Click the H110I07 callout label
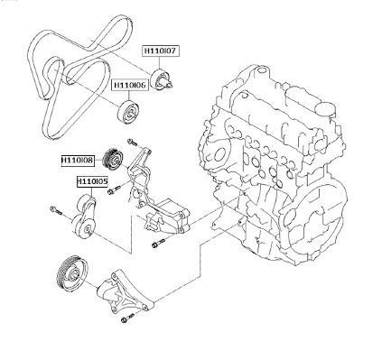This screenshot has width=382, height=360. click(161, 51)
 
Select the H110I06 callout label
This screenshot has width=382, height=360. click(130, 85)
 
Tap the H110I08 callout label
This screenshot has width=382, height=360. click(78, 160)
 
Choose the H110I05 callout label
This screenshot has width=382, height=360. click(92, 181)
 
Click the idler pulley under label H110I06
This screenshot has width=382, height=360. click(129, 113)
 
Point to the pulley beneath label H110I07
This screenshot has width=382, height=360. click(162, 79)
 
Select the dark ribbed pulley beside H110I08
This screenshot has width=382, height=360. click(113, 159)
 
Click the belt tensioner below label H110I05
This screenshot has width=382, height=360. click(84, 217)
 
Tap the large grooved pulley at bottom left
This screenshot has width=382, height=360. click(72, 272)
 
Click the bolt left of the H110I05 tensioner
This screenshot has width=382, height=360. click(56, 210)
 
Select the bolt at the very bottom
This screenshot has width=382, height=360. click(127, 318)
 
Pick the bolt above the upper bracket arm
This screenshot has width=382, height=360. click(133, 142)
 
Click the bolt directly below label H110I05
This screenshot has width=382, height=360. click(114, 189)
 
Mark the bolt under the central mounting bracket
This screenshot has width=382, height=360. click(158, 243)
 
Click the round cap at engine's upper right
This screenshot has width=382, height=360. click(326, 109)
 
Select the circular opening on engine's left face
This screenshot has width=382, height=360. click(222, 153)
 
